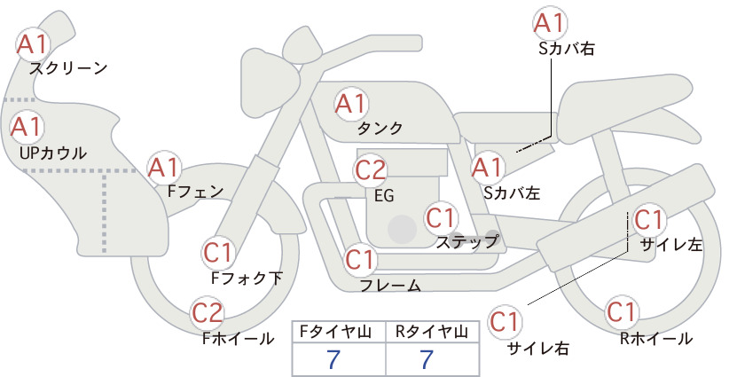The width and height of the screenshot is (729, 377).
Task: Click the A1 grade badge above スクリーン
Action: (x=33, y=44)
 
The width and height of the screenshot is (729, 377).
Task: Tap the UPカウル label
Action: (x=53, y=153)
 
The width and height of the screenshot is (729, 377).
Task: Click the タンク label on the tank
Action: (x=380, y=128)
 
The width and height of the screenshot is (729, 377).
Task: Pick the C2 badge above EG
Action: (x=371, y=170)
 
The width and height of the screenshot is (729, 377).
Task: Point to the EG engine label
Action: (x=384, y=196)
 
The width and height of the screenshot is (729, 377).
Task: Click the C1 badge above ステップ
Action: (x=441, y=218)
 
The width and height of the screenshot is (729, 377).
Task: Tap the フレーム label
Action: (x=390, y=286)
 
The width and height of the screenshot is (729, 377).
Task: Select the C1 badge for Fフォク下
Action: (x=218, y=253)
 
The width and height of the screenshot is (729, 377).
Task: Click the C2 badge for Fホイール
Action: (x=208, y=313)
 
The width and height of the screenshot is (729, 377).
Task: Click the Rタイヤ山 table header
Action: (x=432, y=332)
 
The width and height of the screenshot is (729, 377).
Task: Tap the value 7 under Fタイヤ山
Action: (x=333, y=359)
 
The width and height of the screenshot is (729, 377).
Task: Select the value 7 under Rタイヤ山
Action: (x=427, y=359)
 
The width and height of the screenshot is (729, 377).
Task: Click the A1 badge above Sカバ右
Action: (x=550, y=23)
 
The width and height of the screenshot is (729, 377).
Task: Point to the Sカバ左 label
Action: (x=512, y=192)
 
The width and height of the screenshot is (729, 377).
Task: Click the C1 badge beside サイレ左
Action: (x=648, y=220)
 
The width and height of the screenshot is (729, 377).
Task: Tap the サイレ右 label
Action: (x=538, y=349)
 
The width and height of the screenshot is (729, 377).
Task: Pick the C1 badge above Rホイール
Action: (x=622, y=312)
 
